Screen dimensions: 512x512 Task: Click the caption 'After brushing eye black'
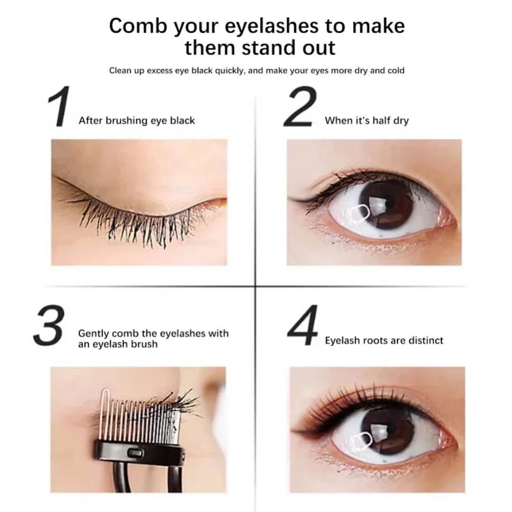coord(137,120)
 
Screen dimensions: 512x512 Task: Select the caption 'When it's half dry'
coord(366,120)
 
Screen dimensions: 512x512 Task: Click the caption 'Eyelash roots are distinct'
coord(384,340)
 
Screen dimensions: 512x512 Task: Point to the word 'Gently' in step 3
coord(95,333)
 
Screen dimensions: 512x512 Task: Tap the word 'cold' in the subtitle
coord(395,71)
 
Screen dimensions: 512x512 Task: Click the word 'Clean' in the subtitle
coord(120,71)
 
